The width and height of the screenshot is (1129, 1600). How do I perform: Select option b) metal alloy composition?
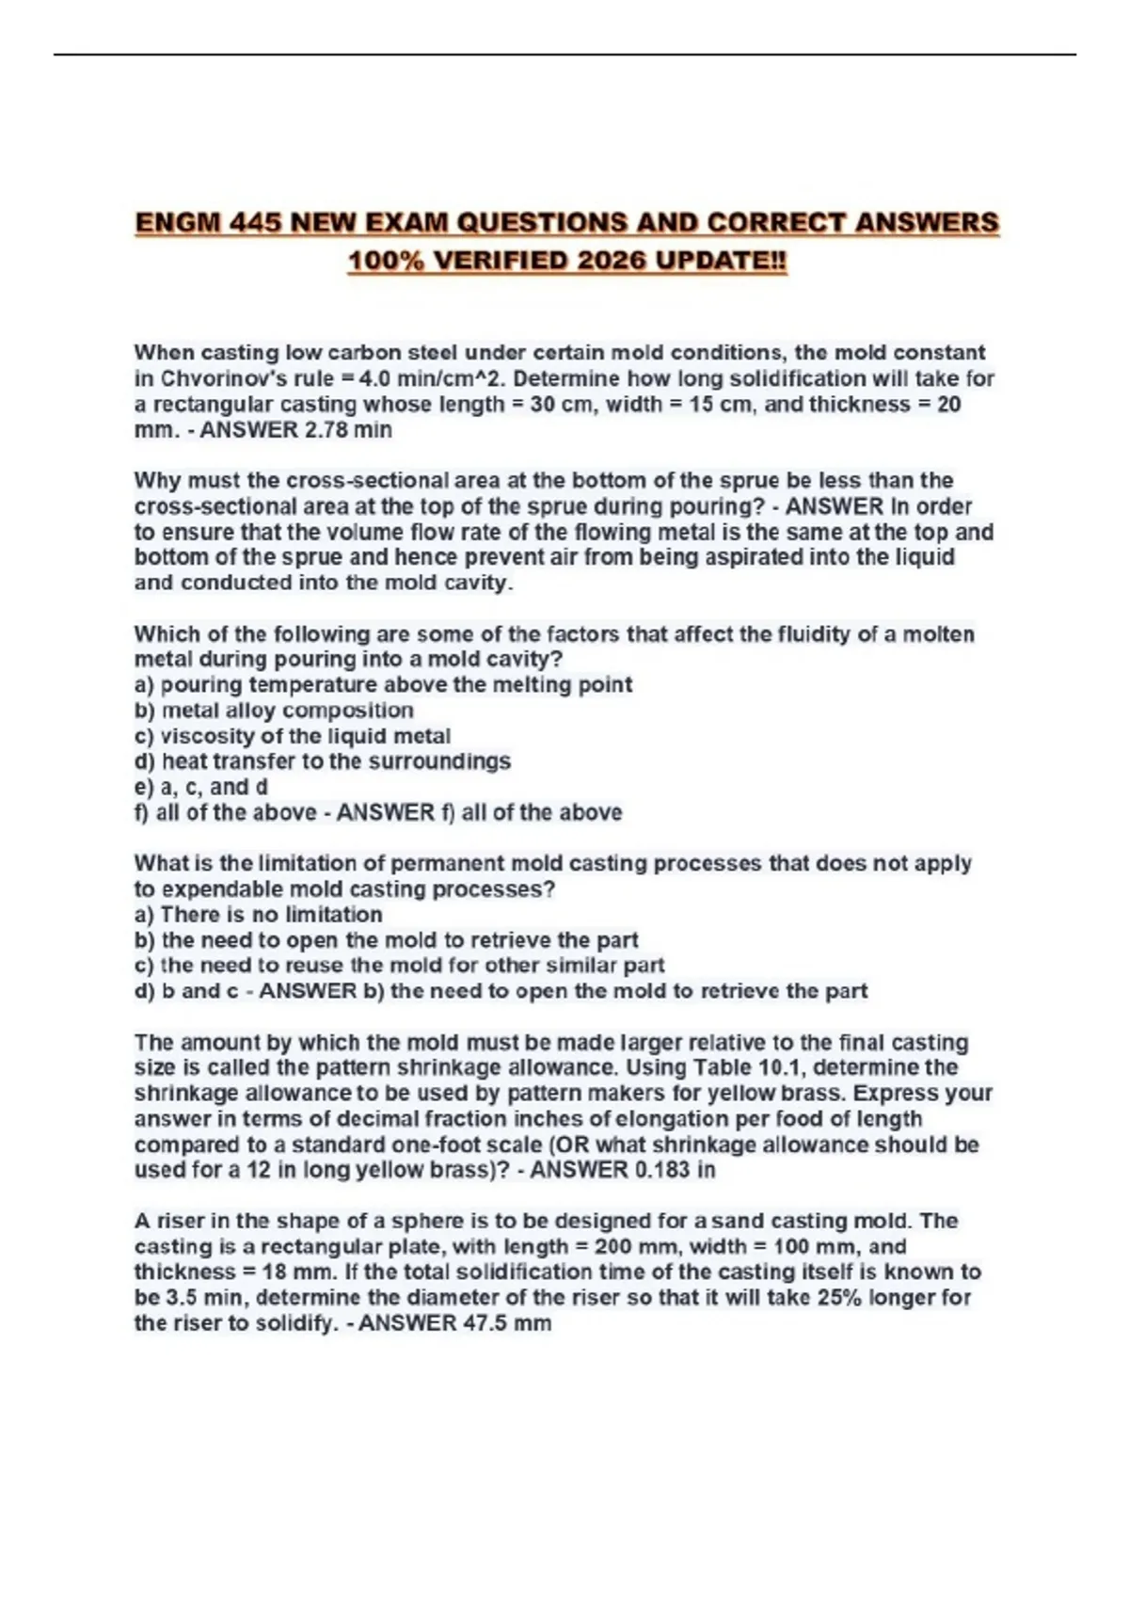tap(274, 711)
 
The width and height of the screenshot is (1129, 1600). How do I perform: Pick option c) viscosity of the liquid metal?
tap(293, 736)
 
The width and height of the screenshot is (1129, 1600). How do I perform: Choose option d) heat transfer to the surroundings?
tap(323, 761)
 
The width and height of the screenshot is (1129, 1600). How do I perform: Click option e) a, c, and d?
tap(201, 787)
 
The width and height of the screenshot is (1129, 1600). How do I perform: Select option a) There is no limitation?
tap(259, 915)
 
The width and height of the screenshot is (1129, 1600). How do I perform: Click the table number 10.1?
tap(778, 1068)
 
